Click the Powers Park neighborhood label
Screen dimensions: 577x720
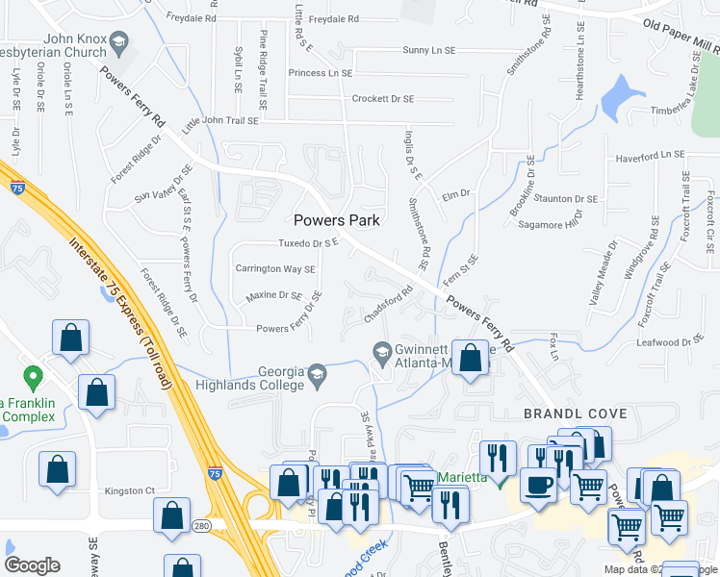(337, 219)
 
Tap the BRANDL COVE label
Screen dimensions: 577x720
(575, 414)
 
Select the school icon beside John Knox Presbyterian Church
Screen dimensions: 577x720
(119, 42)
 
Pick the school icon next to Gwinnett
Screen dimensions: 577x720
(382, 353)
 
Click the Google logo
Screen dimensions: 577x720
(32, 564)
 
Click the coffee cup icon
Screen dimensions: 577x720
(538, 484)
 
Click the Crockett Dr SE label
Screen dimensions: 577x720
(382, 99)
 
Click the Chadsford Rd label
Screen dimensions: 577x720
(389, 304)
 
